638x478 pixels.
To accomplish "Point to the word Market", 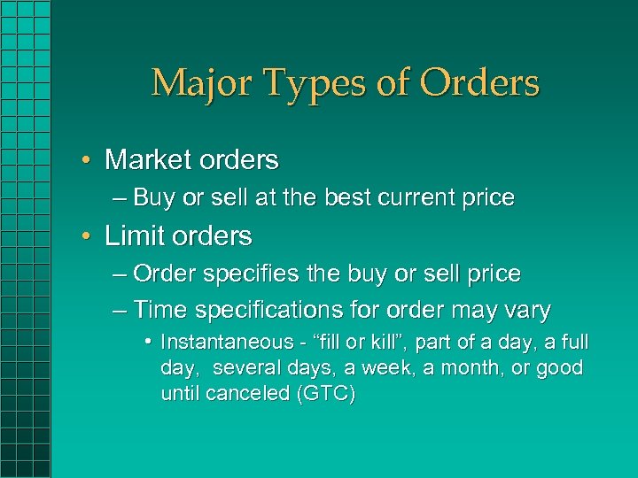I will coord(150,160).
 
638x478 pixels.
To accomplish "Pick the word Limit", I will coord(131,236).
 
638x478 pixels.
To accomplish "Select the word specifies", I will coord(252,274).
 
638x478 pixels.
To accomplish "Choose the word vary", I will coord(528,312).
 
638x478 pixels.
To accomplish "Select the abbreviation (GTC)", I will coord(328,394).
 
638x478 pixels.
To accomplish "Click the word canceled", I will coord(248,394).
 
